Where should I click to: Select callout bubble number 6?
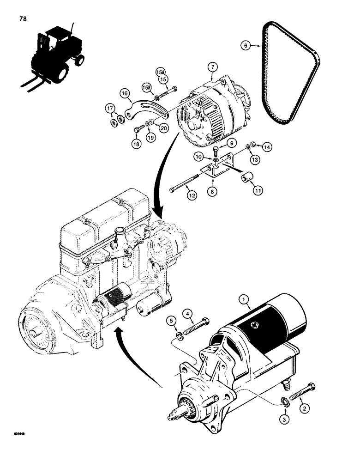point(246,45)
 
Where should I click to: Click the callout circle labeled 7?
point(212,67)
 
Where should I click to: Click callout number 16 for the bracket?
point(125,93)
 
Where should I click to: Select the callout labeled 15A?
point(160,72)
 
